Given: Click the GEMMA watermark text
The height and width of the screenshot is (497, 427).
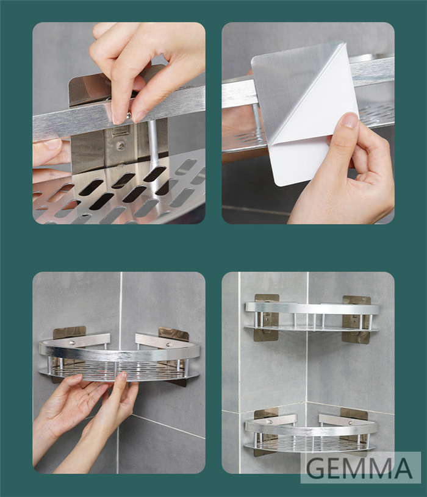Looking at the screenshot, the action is [x=359, y=468].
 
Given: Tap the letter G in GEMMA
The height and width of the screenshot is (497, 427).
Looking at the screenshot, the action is [x=315, y=468].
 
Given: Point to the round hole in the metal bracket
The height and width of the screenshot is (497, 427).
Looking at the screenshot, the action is [x=120, y=146].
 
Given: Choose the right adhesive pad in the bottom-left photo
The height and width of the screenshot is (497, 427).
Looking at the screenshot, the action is [x=173, y=336].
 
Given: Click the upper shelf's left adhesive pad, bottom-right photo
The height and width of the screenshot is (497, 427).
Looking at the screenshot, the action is [x=267, y=317].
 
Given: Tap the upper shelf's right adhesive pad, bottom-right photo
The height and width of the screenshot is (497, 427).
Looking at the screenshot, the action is [x=356, y=320].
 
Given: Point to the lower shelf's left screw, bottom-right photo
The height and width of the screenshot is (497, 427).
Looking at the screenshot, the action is [x=270, y=422].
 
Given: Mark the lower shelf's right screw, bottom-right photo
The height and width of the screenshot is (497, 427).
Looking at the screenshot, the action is [x=351, y=423].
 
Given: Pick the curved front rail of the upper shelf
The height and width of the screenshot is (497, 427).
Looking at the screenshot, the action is [x=312, y=308].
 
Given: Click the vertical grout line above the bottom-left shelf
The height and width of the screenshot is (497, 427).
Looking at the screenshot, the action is [x=120, y=310].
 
